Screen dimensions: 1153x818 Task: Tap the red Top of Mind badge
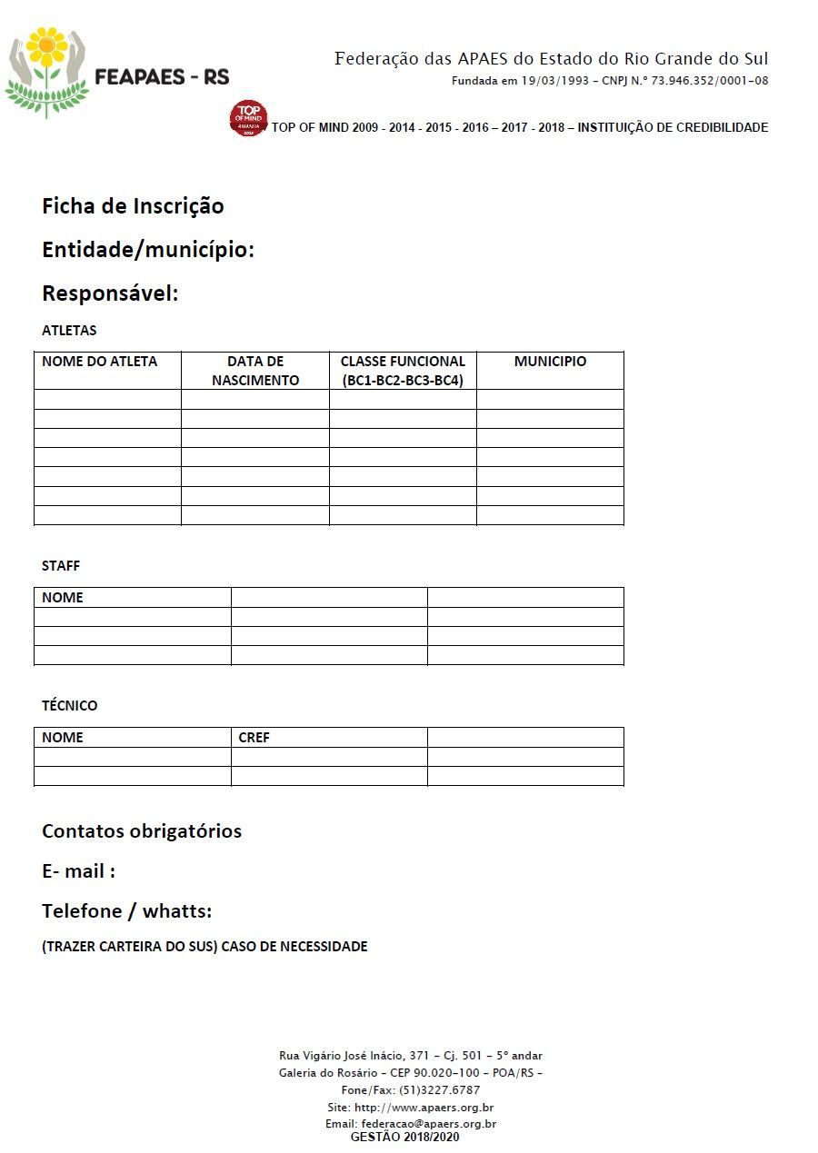pyautogui.click(x=248, y=118)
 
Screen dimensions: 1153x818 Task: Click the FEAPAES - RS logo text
pyautogui.click(x=162, y=77)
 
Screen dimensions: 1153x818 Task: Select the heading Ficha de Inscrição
pyautogui.click(x=133, y=206)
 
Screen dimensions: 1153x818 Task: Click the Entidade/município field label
pyautogui.click(x=148, y=250)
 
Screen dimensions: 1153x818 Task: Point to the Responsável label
pyautogui.click(x=110, y=294)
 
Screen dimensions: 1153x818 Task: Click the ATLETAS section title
pyautogui.click(x=69, y=331)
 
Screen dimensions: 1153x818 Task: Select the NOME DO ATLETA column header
pyautogui.click(x=99, y=362)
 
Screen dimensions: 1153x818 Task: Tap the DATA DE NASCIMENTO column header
pyautogui.click(x=255, y=371)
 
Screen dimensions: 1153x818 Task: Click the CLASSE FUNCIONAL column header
pyautogui.click(x=403, y=371)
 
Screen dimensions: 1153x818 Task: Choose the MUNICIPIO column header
pyautogui.click(x=550, y=362)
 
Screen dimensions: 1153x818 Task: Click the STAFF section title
pyautogui.click(x=61, y=566)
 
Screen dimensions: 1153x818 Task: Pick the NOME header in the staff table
pyautogui.click(x=62, y=598)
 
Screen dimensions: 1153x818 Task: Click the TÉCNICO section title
pyautogui.click(x=69, y=706)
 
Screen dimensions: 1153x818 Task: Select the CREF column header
pyautogui.click(x=254, y=738)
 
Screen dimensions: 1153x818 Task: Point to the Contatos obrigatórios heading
pyautogui.click(x=142, y=831)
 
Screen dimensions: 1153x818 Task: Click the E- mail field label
pyautogui.click(x=78, y=871)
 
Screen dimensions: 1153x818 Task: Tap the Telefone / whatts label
pyautogui.click(x=126, y=911)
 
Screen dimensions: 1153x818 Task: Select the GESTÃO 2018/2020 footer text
pyautogui.click(x=404, y=1137)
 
